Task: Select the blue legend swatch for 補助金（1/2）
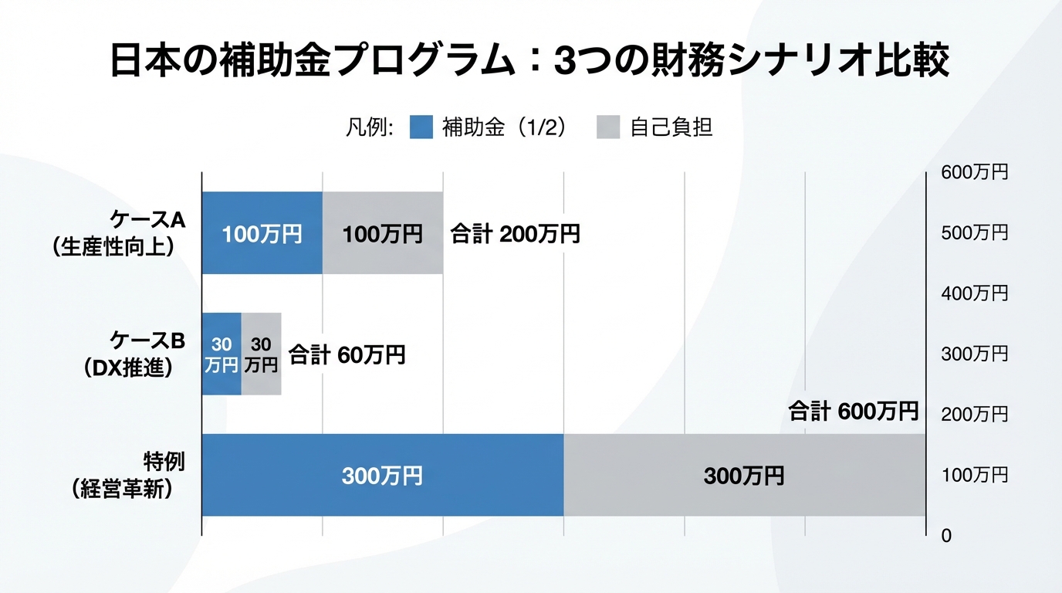click(x=421, y=127)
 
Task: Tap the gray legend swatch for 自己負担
click(x=608, y=127)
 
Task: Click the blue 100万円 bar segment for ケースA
click(x=262, y=233)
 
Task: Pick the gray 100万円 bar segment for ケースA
click(x=382, y=233)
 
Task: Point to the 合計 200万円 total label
click(x=515, y=234)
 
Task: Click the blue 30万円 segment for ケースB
click(x=222, y=355)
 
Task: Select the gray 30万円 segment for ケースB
click(x=261, y=355)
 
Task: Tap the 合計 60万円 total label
click(x=347, y=355)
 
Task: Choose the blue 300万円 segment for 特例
click(x=382, y=476)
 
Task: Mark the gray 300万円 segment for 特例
click(x=744, y=476)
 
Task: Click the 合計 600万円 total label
click(x=853, y=412)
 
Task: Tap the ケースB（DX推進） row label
click(x=127, y=354)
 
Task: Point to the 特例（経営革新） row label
click(x=122, y=476)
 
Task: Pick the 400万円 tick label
click(x=974, y=293)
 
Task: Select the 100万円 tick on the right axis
click(x=974, y=475)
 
